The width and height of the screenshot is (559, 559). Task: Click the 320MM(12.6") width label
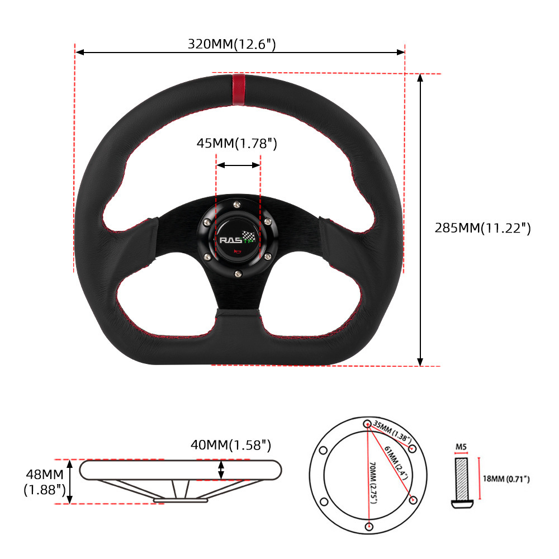(x=232, y=44)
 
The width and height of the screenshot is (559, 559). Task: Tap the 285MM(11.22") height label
(x=483, y=228)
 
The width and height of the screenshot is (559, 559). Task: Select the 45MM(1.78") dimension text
(x=236, y=143)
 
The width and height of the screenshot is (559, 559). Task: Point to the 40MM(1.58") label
(x=231, y=445)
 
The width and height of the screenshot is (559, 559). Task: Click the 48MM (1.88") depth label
(x=45, y=482)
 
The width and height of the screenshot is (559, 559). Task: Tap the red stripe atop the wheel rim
(x=239, y=90)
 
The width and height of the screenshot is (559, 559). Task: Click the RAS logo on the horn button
(x=231, y=240)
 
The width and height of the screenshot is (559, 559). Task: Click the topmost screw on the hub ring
(x=237, y=205)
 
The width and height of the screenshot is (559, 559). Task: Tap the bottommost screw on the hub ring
(x=238, y=274)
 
